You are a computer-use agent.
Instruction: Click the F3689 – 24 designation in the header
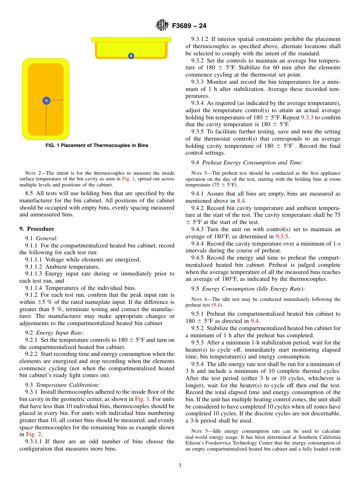189,26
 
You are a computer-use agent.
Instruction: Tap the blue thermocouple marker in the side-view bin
131,56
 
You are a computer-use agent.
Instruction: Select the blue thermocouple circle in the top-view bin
46,100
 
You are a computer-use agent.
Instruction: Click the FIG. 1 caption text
97,146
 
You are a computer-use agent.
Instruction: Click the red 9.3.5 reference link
282,236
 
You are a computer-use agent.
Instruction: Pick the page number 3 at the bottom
180,466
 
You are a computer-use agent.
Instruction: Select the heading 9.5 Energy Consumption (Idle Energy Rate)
248,289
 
